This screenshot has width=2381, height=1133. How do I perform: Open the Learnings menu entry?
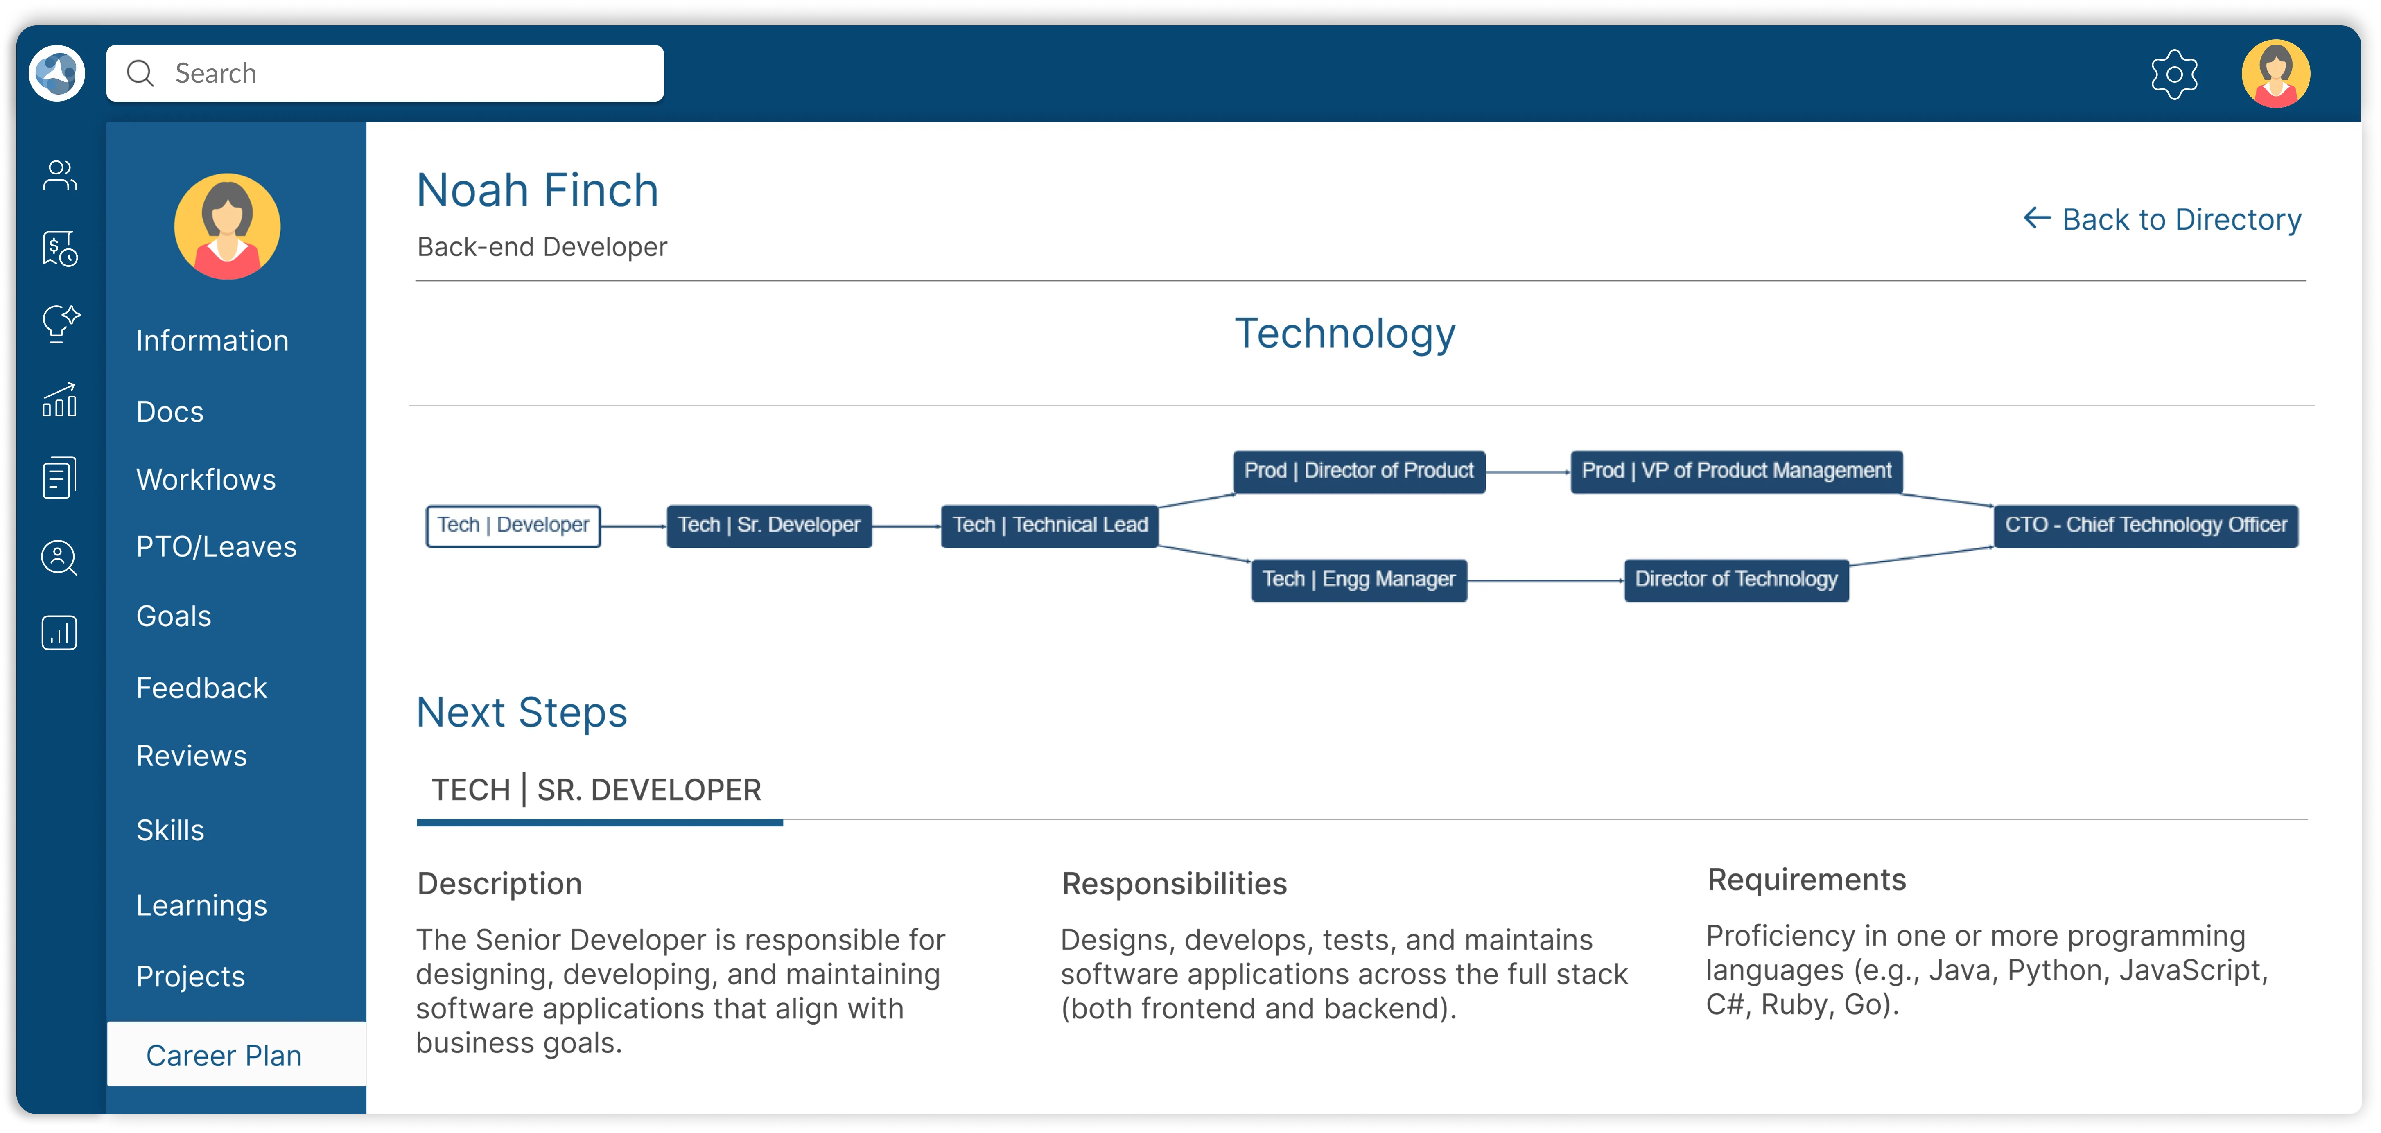[x=201, y=905]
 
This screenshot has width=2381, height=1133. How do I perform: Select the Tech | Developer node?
[x=513, y=525]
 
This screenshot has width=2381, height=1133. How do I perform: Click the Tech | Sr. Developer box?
[x=769, y=525]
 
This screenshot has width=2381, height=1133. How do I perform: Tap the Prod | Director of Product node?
[x=1359, y=471]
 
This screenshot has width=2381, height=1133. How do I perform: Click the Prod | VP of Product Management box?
[x=1736, y=471]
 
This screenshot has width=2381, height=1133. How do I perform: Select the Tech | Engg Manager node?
[x=1359, y=580]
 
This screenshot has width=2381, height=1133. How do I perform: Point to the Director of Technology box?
[x=1736, y=580]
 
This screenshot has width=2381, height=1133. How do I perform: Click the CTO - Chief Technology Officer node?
[x=2145, y=525]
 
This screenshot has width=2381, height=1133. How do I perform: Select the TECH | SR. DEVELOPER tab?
[x=597, y=790]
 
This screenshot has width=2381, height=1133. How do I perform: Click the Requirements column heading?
[x=1806, y=880]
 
